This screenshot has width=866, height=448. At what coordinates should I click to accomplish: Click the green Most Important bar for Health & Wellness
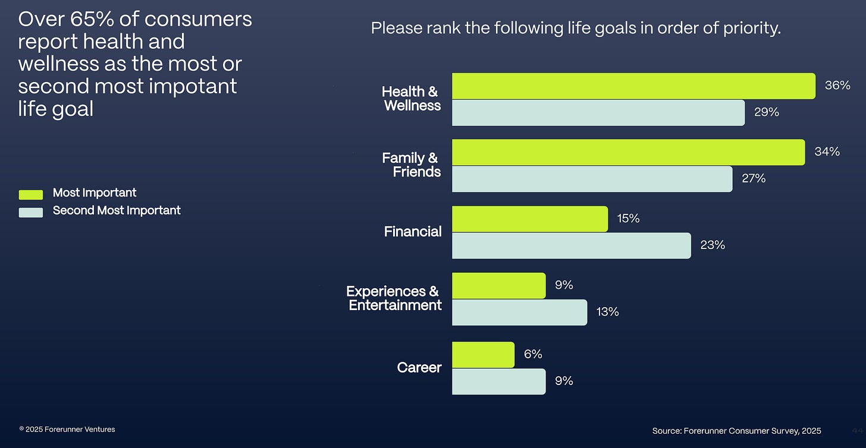point(633,86)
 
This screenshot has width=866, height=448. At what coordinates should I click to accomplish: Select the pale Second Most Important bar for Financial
point(572,245)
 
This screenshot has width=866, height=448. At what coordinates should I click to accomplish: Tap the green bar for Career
point(483,355)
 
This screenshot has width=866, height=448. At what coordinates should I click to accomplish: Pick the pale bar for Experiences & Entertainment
point(520,313)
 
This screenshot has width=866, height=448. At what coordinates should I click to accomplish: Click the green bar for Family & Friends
point(629,153)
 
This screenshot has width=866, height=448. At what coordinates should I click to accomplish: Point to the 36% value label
point(837,86)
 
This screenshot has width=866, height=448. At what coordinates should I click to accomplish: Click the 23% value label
point(713,245)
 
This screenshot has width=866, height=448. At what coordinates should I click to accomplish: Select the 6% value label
point(533,354)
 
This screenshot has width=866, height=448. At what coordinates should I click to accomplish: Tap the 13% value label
point(607,312)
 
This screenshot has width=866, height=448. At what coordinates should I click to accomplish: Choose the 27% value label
point(754,178)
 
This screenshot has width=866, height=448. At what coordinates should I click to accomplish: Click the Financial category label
point(413,232)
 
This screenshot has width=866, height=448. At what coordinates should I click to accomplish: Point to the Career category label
point(419,368)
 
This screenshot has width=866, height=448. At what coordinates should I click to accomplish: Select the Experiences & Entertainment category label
point(394,298)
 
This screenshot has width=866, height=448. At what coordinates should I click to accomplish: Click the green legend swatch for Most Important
point(31,195)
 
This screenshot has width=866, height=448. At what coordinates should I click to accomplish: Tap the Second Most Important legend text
point(117,210)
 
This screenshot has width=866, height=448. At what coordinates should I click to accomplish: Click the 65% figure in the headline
point(92,19)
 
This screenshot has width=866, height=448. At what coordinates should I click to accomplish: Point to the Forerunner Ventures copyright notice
point(67,430)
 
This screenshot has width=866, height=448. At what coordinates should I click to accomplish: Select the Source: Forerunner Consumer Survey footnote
point(736,431)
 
